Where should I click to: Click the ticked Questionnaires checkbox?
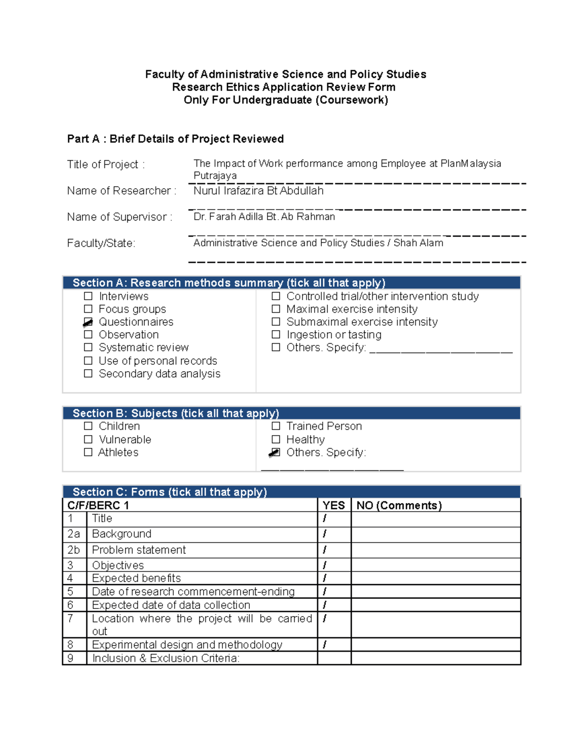point(88,323)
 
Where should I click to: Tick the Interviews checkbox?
point(88,296)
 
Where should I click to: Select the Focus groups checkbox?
point(88,309)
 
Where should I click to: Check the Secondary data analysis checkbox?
point(88,374)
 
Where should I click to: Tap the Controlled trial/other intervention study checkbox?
point(276,296)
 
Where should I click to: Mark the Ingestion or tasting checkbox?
point(276,335)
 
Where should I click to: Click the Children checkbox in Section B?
point(88,426)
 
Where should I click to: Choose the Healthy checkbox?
point(276,439)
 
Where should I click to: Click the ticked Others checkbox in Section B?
point(275,453)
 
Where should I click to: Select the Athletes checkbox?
point(88,452)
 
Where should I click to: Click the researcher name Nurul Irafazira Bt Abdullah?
point(258,191)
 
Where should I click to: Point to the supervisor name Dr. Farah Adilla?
point(264,217)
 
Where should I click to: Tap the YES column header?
point(334,506)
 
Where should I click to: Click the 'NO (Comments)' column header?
point(399,506)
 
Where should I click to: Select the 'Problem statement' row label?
point(139,550)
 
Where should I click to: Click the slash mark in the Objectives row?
point(325,565)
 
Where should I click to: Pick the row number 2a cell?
point(74,534)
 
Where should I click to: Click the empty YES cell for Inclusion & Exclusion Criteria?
point(334,658)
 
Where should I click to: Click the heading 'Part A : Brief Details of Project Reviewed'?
point(175,139)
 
